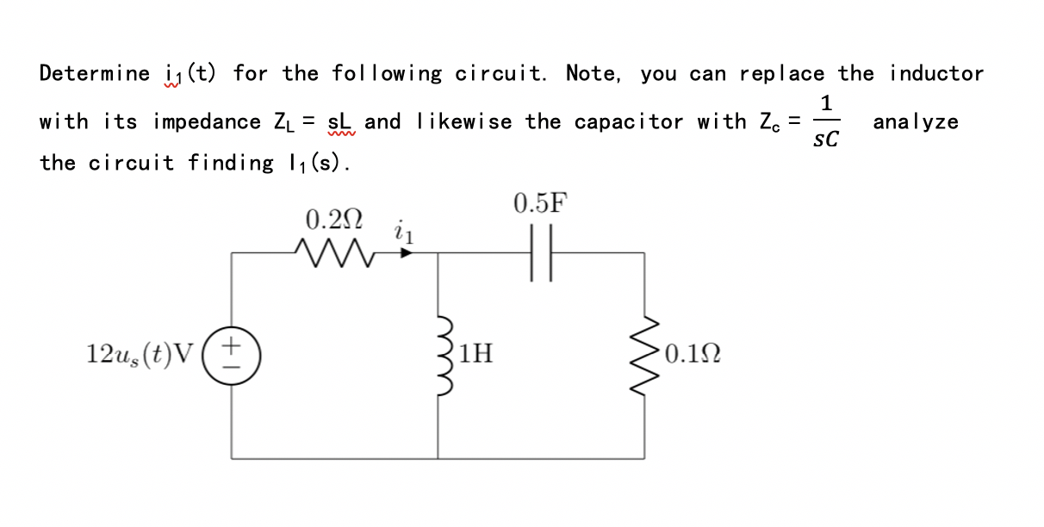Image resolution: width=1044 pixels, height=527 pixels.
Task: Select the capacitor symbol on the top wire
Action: (541, 252)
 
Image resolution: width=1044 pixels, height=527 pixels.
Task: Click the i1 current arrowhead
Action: (404, 252)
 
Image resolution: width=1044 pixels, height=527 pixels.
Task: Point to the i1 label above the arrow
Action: (402, 231)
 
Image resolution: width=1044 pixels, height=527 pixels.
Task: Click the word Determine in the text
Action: (95, 74)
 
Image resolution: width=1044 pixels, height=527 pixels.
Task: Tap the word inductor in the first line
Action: (936, 74)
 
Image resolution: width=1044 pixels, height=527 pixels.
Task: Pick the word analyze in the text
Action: (915, 122)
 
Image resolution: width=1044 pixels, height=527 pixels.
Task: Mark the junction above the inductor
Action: (440, 252)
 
